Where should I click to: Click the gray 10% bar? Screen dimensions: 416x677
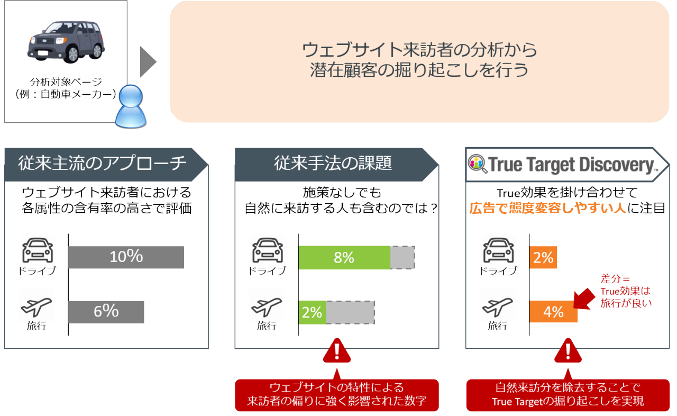click(x=126, y=257)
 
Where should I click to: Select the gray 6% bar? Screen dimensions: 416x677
click(x=106, y=312)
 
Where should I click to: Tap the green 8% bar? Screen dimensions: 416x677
click(x=344, y=258)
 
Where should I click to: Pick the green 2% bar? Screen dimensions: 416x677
click(x=312, y=312)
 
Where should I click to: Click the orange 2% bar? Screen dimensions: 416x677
click(x=543, y=258)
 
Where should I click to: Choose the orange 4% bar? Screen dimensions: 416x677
click(x=553, y=312)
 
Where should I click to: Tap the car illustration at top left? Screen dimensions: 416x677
click(x=66, y=41)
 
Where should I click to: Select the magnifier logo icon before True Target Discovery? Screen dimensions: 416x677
click(x=478, y=165)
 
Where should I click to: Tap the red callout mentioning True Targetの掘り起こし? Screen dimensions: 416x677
click(x=568, y=394)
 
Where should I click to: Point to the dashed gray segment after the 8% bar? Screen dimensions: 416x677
click(x=402, y=258)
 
